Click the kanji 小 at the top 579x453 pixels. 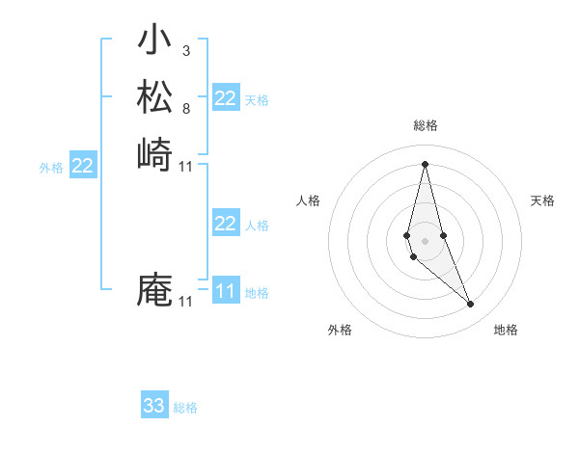154,40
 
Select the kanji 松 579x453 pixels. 154,96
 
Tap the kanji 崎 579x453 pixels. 154,154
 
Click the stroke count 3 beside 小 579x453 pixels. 185,50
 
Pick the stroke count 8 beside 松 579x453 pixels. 185,109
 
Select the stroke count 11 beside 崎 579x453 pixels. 186,167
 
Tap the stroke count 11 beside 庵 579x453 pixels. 186,302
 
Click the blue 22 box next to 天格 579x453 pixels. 226,98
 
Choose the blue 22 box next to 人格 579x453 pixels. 226,224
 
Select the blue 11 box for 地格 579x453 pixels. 226,291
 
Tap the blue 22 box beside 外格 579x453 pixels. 83,167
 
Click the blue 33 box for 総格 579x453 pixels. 154,406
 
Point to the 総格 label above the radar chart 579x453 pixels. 425,125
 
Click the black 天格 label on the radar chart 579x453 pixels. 542,200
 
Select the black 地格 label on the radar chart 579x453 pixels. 506,330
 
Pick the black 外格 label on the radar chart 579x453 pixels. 340,330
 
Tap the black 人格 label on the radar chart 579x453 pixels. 309,200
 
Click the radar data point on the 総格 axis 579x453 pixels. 425,163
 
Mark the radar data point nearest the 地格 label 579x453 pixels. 471,305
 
